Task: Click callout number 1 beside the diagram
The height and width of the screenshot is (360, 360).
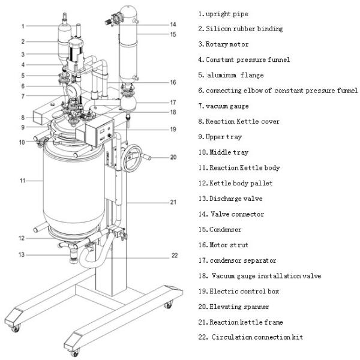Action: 22,26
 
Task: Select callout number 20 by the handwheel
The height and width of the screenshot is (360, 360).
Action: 173,158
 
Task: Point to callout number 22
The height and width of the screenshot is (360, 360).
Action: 175,255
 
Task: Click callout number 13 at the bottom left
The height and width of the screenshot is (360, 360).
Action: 22,255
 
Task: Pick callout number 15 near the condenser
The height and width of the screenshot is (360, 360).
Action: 173,34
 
